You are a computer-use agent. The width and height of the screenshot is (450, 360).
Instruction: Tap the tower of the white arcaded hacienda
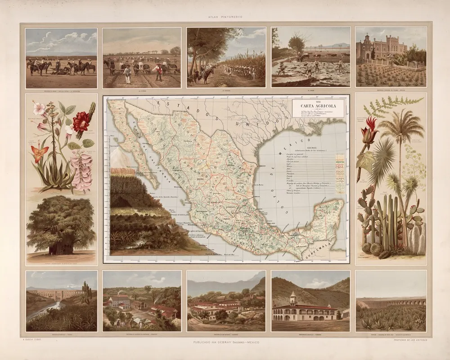coord(292,297)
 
